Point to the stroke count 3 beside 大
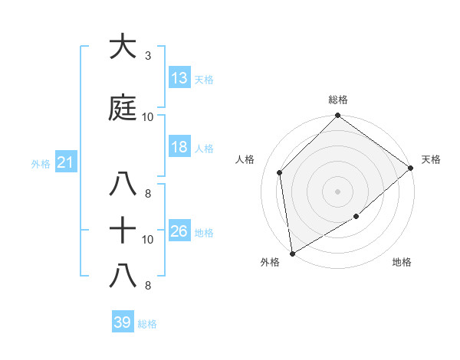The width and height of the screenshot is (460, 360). (148, 56)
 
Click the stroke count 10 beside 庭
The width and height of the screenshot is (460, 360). (148, 117)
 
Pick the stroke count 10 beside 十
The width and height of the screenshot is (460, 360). (148, 240)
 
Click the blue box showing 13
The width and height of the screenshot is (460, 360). (179, 77)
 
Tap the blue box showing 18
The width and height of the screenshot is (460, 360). (179, 147)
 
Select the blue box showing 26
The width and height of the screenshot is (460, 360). (179, 231)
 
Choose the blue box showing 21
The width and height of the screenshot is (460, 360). (66, 162)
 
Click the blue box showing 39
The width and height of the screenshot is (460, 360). (123, 322)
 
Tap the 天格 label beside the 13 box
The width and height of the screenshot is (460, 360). (204, 79)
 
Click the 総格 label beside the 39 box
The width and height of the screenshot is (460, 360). (147, 324)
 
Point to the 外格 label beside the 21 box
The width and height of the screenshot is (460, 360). (41, 164)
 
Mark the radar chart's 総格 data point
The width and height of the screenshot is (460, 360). (337, 117)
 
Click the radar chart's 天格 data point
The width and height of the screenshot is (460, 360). (412, 168)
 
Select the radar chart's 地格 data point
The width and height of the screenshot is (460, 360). (356, 217)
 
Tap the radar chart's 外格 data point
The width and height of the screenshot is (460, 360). (292, 253)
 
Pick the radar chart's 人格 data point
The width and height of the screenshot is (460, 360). (280, 172)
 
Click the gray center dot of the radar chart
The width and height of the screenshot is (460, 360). (337, 191)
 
